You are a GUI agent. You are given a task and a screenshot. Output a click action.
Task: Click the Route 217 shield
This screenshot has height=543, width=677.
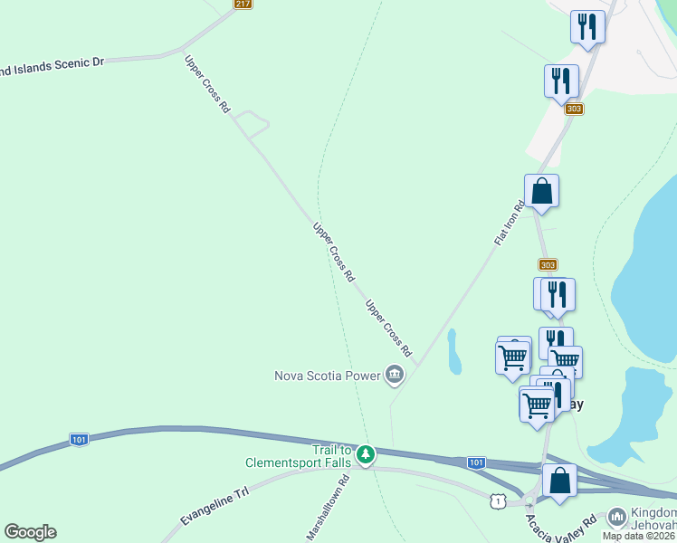point(242,4)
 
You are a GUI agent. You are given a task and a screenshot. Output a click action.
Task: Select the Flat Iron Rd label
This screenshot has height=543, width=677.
point(510,223)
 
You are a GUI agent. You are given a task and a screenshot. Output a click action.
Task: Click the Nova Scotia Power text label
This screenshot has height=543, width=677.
point(328,375)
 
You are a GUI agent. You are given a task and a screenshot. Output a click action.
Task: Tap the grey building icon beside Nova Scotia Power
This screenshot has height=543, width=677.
point(395,374)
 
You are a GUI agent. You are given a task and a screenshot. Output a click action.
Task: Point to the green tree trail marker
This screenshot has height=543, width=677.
point(365,453)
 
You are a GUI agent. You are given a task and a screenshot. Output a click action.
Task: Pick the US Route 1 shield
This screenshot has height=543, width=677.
point(497,501)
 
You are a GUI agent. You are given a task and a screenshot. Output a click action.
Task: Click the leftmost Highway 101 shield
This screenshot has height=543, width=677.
point(80,440)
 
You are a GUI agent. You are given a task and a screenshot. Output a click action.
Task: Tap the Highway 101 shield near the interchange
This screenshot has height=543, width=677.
point(476,462)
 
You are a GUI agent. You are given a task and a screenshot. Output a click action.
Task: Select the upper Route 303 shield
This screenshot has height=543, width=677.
point(574,109)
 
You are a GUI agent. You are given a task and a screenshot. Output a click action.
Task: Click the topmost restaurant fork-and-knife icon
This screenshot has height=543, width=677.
point(587,26)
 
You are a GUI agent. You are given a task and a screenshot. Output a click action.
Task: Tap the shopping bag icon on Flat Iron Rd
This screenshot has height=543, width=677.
point(541,191)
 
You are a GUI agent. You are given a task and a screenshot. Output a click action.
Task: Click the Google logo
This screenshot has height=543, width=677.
point(30,532)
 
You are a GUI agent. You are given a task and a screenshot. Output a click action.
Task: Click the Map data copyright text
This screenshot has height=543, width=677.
point(639,535)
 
